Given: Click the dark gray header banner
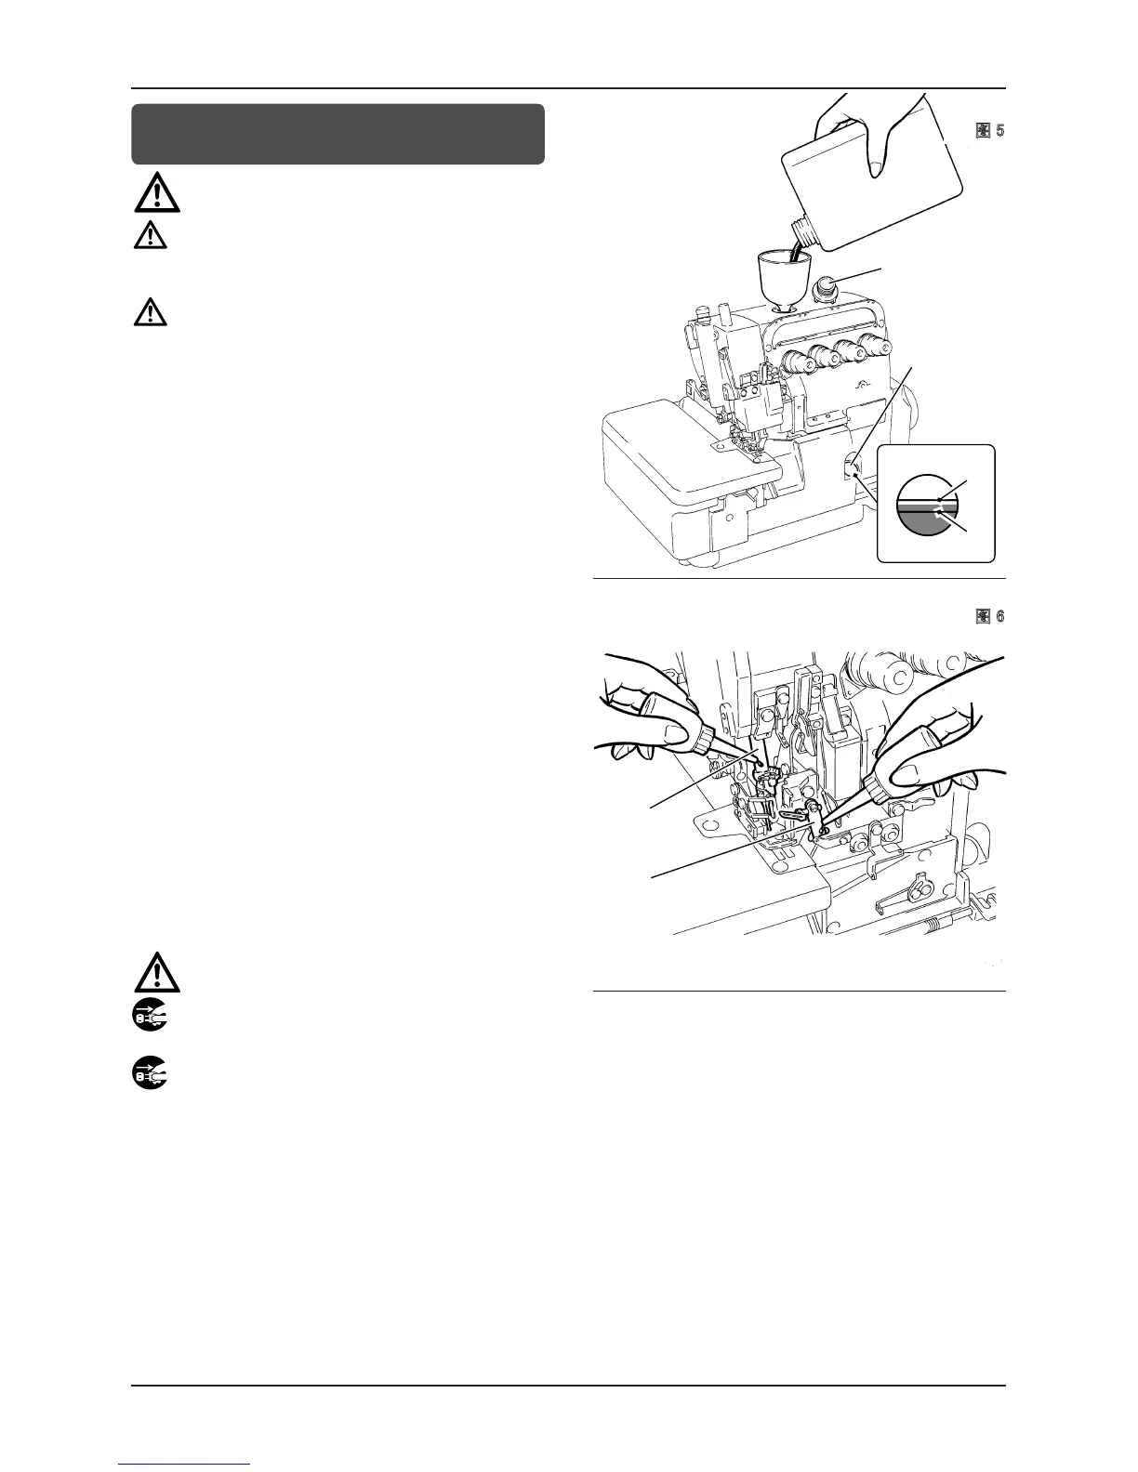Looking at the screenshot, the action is tap(337, 134).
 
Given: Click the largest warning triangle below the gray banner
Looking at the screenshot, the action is tap(150, 194).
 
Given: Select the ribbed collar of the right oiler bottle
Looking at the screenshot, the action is tap(875, 786).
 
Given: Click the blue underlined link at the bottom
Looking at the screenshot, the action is tap(185, 1464).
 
